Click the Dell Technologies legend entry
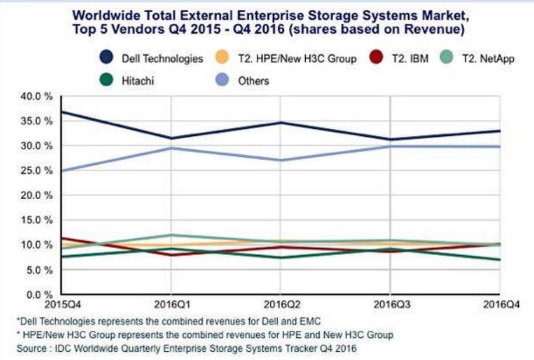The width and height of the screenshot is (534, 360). coord(162,58)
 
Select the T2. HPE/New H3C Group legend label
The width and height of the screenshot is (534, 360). coord(297,58)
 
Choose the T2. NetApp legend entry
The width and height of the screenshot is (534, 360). coord(487,58)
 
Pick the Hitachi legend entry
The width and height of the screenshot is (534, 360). coord(138,80)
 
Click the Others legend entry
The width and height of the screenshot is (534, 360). coord(253,80)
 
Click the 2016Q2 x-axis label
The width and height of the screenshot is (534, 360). coord(280,304)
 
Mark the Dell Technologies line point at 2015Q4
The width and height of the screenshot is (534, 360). coord(62,111)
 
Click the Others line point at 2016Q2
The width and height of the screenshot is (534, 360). coord(280,160)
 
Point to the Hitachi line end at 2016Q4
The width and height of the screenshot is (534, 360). coord(499,259)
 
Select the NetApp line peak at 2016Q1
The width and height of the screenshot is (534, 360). coord(171,235)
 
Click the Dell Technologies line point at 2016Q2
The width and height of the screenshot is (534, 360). coord(280,122)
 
